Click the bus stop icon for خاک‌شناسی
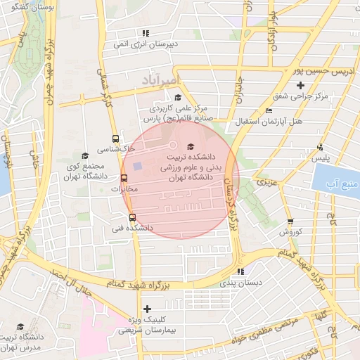[x=115, y=139]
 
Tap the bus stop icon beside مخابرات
[x=124, y=179]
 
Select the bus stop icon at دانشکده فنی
[x=132, y=217]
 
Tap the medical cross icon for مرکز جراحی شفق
[x=300, y=85]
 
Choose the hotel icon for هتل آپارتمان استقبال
[x=269, y=111]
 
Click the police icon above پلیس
[x=320, y=147]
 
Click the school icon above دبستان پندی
[x=240, y=271]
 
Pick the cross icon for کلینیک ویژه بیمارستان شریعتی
[x=146, y=309]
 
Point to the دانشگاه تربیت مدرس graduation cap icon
[x=20, y=326]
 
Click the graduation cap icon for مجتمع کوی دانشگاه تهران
[x=85, y=155]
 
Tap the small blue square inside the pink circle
[x=138, y=166]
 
